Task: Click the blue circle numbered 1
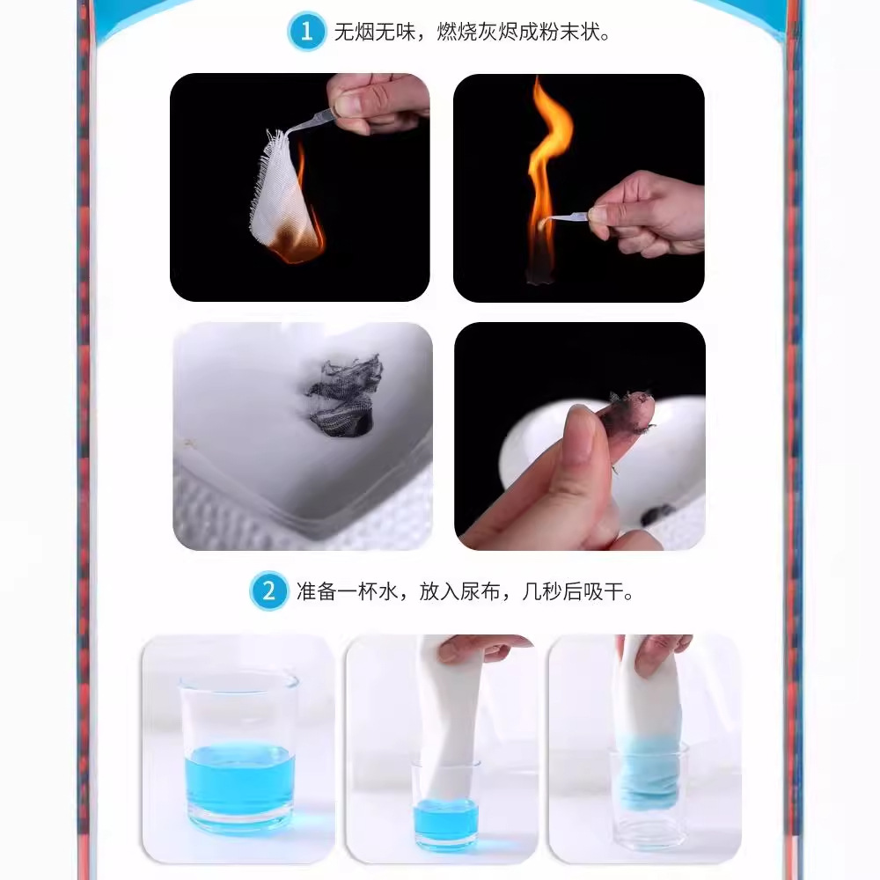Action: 306,32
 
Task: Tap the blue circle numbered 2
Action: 268,591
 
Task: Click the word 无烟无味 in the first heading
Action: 374,32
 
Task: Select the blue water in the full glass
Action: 240,780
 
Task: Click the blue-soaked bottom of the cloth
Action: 650,774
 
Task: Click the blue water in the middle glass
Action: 445,818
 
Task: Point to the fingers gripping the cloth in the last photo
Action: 654,654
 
